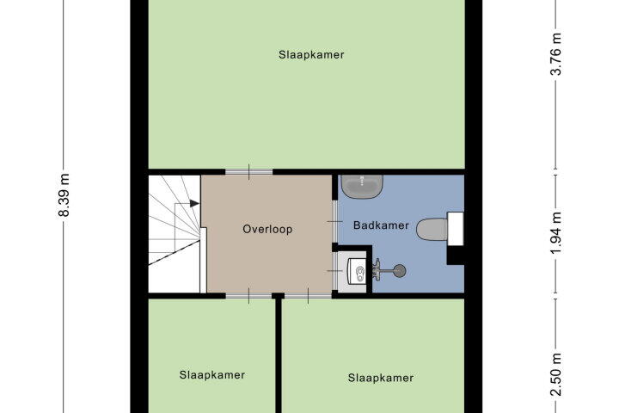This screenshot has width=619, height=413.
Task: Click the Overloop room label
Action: point(267,229)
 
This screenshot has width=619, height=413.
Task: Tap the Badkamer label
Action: point(381,225)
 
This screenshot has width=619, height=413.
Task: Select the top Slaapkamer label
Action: point(311,54)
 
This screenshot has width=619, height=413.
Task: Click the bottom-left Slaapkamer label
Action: point(212,374)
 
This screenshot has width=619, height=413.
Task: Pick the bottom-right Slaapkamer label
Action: point(381,378)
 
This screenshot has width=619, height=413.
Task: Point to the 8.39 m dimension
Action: point(64,195)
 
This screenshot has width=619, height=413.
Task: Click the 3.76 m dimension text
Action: point(556,53)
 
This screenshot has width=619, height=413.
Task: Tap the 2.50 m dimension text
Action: point(556,374)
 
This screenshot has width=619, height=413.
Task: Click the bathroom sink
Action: point(363,186)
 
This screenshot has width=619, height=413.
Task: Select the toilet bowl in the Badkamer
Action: point(432,229)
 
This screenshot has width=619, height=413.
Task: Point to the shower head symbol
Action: point(400,270)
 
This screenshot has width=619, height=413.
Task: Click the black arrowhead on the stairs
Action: point(194,203)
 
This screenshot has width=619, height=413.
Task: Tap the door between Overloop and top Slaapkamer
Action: point(248,172)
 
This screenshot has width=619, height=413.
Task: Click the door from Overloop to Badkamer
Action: point(334,222)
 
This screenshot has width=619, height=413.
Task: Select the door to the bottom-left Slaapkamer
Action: point(248,296)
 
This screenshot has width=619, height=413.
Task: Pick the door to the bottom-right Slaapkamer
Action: point(309,296)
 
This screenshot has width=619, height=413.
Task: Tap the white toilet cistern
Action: point(455,229)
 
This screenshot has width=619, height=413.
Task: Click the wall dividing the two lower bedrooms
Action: point(279,355)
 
